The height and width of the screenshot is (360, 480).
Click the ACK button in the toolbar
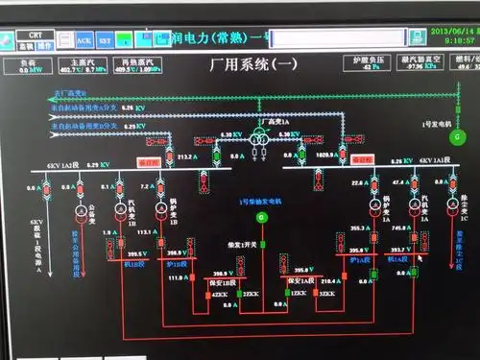pos(84,41)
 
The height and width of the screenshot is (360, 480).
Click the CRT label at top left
pos(35,35)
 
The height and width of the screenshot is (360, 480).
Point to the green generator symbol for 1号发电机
pos(458,138)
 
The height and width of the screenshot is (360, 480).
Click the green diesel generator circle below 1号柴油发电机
pos(260,220)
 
